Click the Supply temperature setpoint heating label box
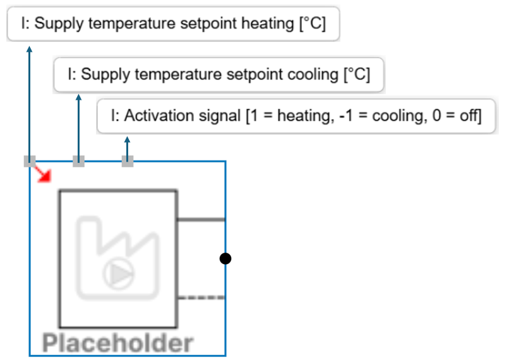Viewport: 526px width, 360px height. (x=173, y=25)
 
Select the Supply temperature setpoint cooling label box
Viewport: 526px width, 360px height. (x=218, y=75)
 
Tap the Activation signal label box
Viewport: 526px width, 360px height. (x=296, y=116)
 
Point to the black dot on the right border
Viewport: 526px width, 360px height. (x=225, y=258)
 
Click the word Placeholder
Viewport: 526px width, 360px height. (x=118, y=343)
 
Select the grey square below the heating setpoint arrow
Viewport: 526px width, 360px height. (x=30, y=161)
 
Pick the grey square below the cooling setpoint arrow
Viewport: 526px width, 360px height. (x=78, y=161)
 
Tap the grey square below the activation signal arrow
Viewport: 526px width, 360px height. (x=128, y=161)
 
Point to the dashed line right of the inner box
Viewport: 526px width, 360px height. (x=201, y=297)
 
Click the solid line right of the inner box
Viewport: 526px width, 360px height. (x=201, y=220)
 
